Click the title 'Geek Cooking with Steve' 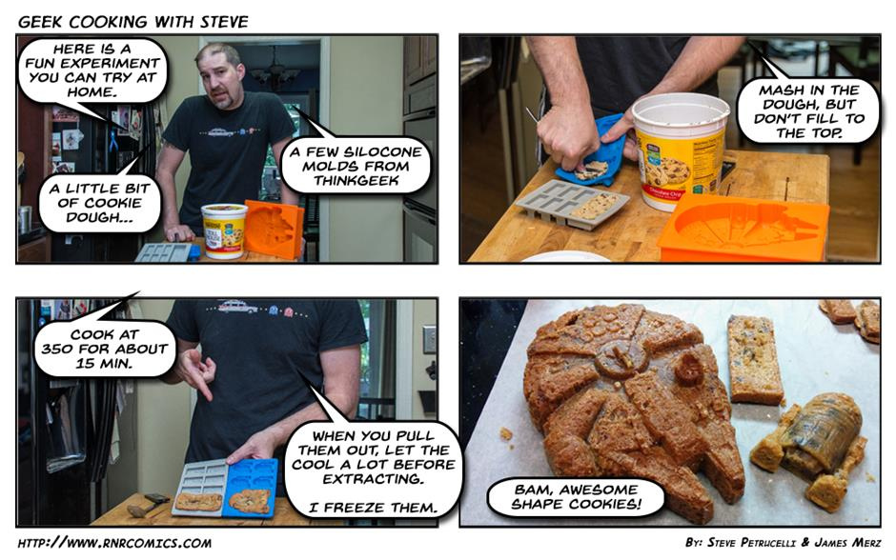pyautogui.click(x=133, y=22)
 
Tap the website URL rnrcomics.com pyautogui.click(x=114, y=543)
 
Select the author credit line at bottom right pyautogui.click(x=783, y=542)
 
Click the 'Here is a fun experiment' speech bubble pyautogui.click(x=92, y=70)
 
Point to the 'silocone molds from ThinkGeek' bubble pyautogui.click(x=356, y=166)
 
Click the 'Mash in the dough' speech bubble pyautogui.click(x=808, y=111)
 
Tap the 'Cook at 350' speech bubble pyautogui.click(x=105, y=349)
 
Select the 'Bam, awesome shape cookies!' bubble pyautogui.click(x=576, y=496)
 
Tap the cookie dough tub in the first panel pyautogui.click(x=223, y=230)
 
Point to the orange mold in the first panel pyautogui.click(x=275, y=229)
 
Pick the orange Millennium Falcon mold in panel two pyautogui.click(x=743, y=228)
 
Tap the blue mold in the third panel pyautogui.click(x=252, y=488)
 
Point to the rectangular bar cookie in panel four pyautogui.click(x=754, y=359)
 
